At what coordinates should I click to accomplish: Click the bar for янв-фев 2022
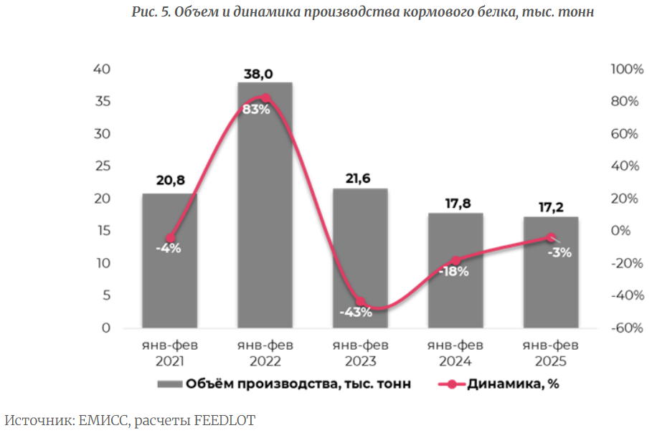coord(265,215)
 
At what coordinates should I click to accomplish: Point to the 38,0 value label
coord(265,74)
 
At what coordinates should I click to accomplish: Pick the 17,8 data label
coord(455,204)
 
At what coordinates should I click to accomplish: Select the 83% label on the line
coord(256,110)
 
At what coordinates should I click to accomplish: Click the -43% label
coord(356,312)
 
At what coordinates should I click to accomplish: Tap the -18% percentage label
coord(453,272)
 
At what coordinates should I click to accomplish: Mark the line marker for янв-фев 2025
coord(551,237)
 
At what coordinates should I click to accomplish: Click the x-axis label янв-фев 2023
coord(360,353)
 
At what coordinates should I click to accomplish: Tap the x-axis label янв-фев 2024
coord(455,353)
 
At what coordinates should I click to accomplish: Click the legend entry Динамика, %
coord(513,384)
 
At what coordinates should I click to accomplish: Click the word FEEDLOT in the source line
coord(225,420)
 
